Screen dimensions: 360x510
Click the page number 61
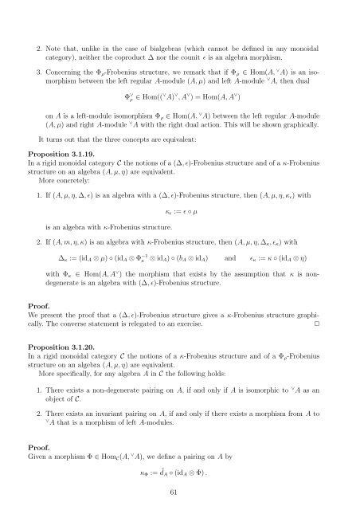click(180, 493)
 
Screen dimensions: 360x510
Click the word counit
click(197, 37)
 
